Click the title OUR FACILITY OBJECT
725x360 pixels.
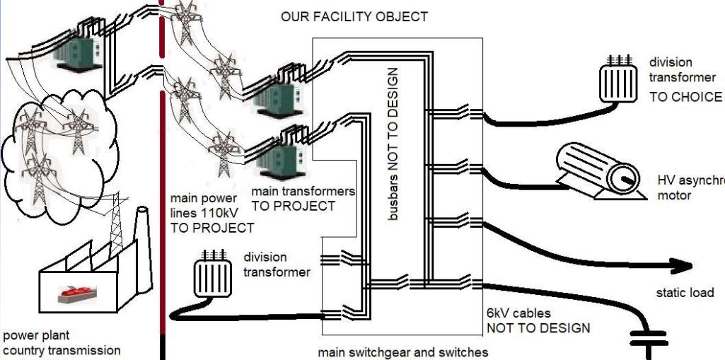(354, 16)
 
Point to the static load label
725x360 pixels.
(685, 292)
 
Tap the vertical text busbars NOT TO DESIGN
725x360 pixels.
(394, 144)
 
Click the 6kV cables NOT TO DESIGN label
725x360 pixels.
(538, 320)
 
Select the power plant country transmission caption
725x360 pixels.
(62, 343)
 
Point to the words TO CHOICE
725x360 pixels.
(685, 97)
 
